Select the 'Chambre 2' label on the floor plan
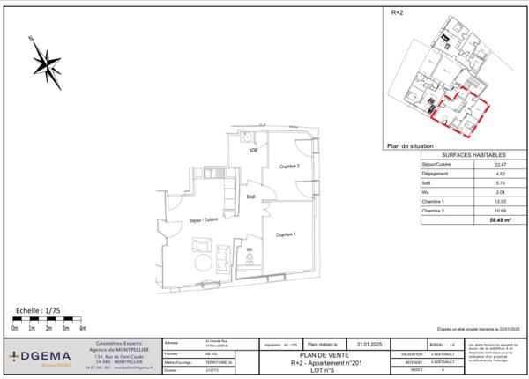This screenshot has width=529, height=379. click(x=291, y=167)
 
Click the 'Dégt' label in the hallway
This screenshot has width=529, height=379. click(x=251, y=197)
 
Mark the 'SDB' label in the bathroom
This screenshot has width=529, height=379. click(x=253, y=150)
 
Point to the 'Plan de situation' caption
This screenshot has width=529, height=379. click(x=410, y=147)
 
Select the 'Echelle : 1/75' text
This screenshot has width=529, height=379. click(x=40, y=311)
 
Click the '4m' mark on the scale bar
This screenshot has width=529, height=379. click(x=82, y=328)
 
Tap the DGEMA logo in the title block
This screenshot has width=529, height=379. click(x=40, y=356)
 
